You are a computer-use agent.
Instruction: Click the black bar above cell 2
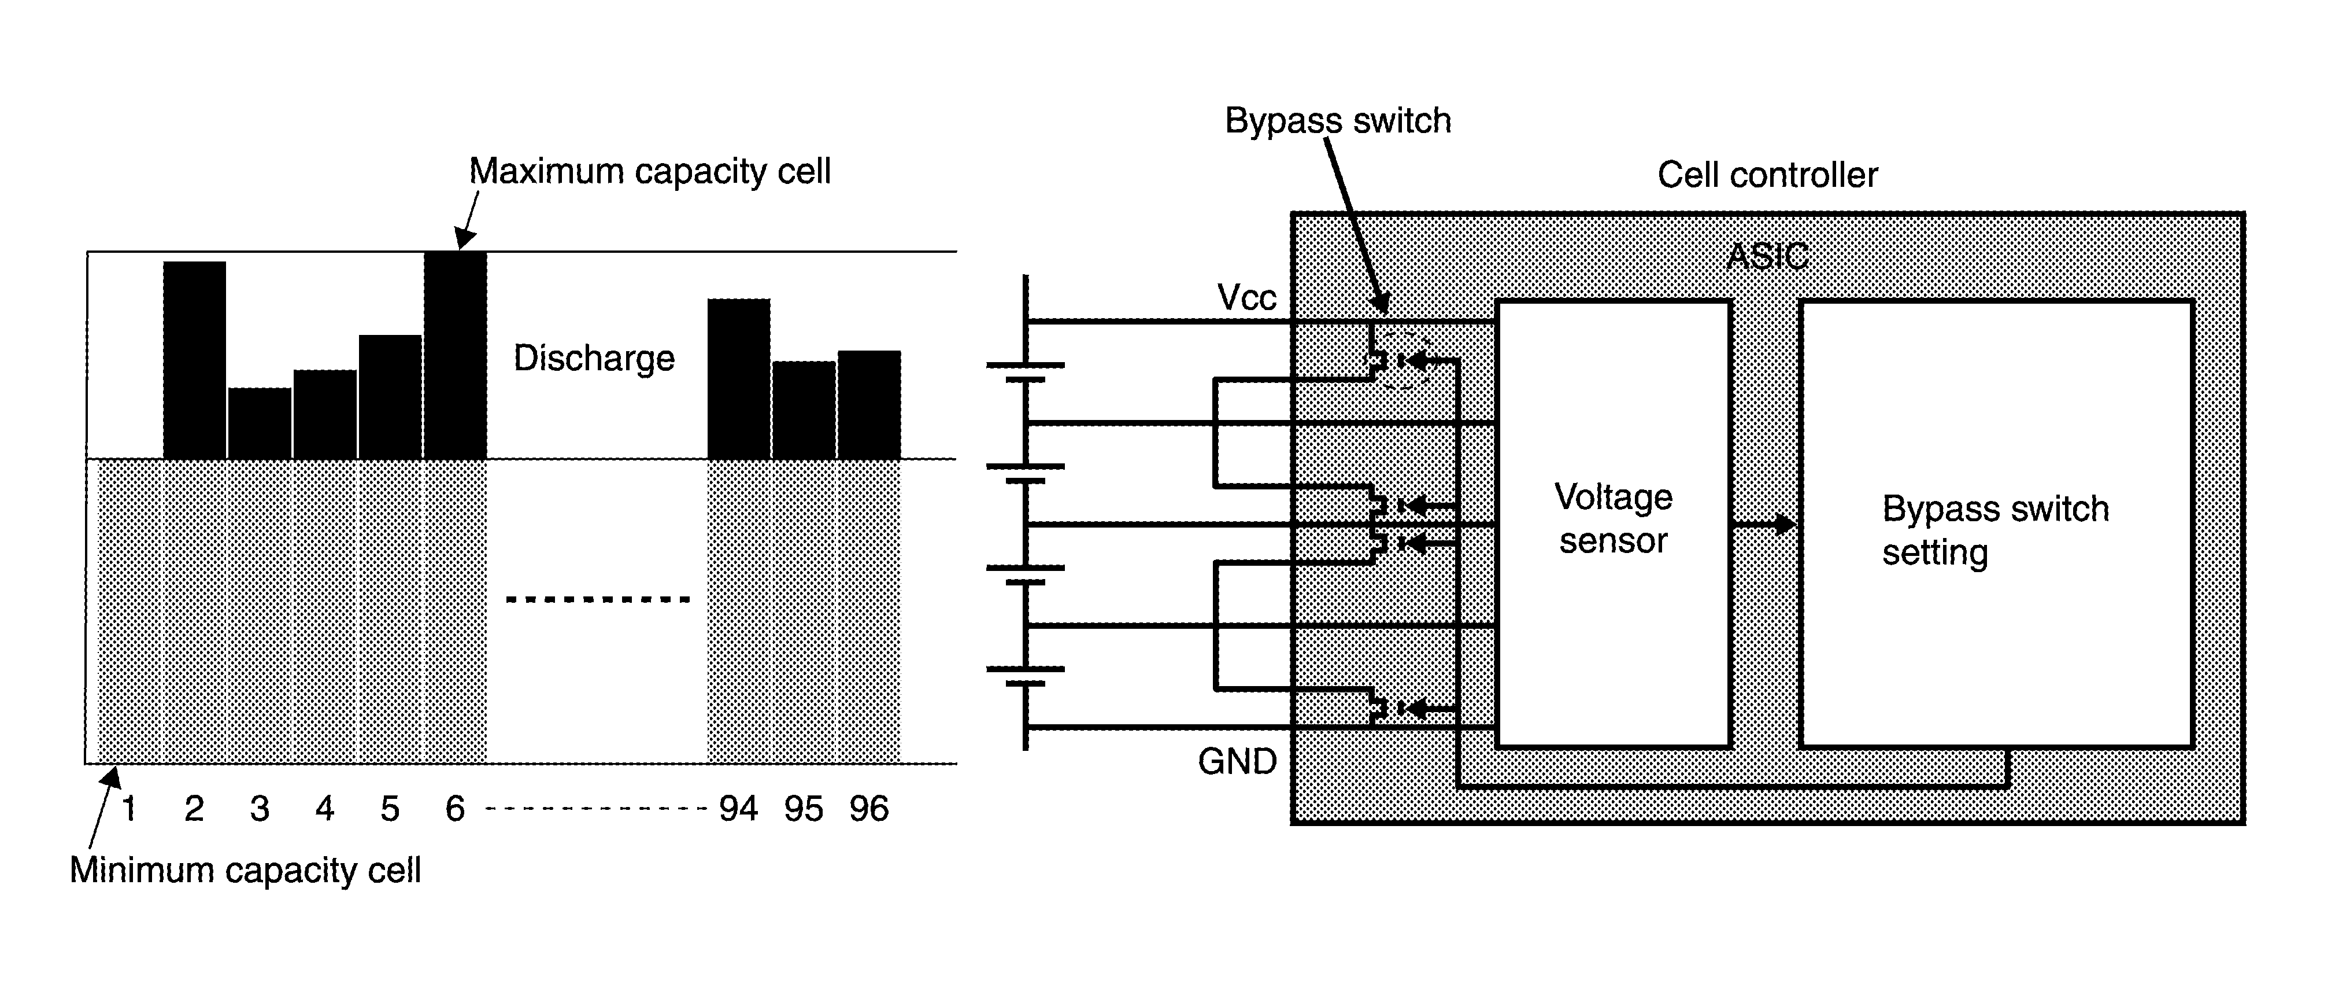tap(195, 360)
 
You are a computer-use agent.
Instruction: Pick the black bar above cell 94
tap(739, 379)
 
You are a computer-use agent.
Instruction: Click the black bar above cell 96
tap(869, 406)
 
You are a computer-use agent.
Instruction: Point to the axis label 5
tap(390, 808)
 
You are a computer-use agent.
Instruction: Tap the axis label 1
tap(129, 808)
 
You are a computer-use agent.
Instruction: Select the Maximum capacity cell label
tap(650, 171)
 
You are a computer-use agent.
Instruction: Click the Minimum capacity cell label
tap(246, 871)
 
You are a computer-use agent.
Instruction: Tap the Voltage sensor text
tap(1614, 519)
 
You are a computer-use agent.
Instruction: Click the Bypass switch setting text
tap(1996, 530)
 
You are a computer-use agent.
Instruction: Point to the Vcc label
tap(1246, 297)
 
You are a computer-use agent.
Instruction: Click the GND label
tap(1237, 762)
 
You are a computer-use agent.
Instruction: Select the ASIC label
tap(1767, 257)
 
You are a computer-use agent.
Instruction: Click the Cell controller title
tap(1767, 175)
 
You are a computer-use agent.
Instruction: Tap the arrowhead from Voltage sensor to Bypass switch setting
tap(1785, 524)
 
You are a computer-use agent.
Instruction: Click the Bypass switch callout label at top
tap(1338, 121)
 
